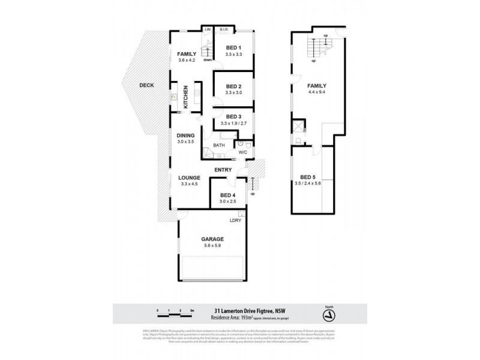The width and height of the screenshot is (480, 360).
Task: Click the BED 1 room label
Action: click(233, 47)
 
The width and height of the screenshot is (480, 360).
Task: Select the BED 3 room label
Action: click(233, 116)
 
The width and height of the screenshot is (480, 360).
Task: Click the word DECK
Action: click(146, 85)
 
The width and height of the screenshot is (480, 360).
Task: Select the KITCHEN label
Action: click(186, 98)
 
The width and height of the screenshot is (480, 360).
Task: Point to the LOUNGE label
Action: click(188, 177)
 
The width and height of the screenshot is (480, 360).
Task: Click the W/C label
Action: click(243, 152)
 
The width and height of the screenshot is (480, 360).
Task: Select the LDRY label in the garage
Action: click(236, 221)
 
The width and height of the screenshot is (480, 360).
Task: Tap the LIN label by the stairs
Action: click(208, 29)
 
